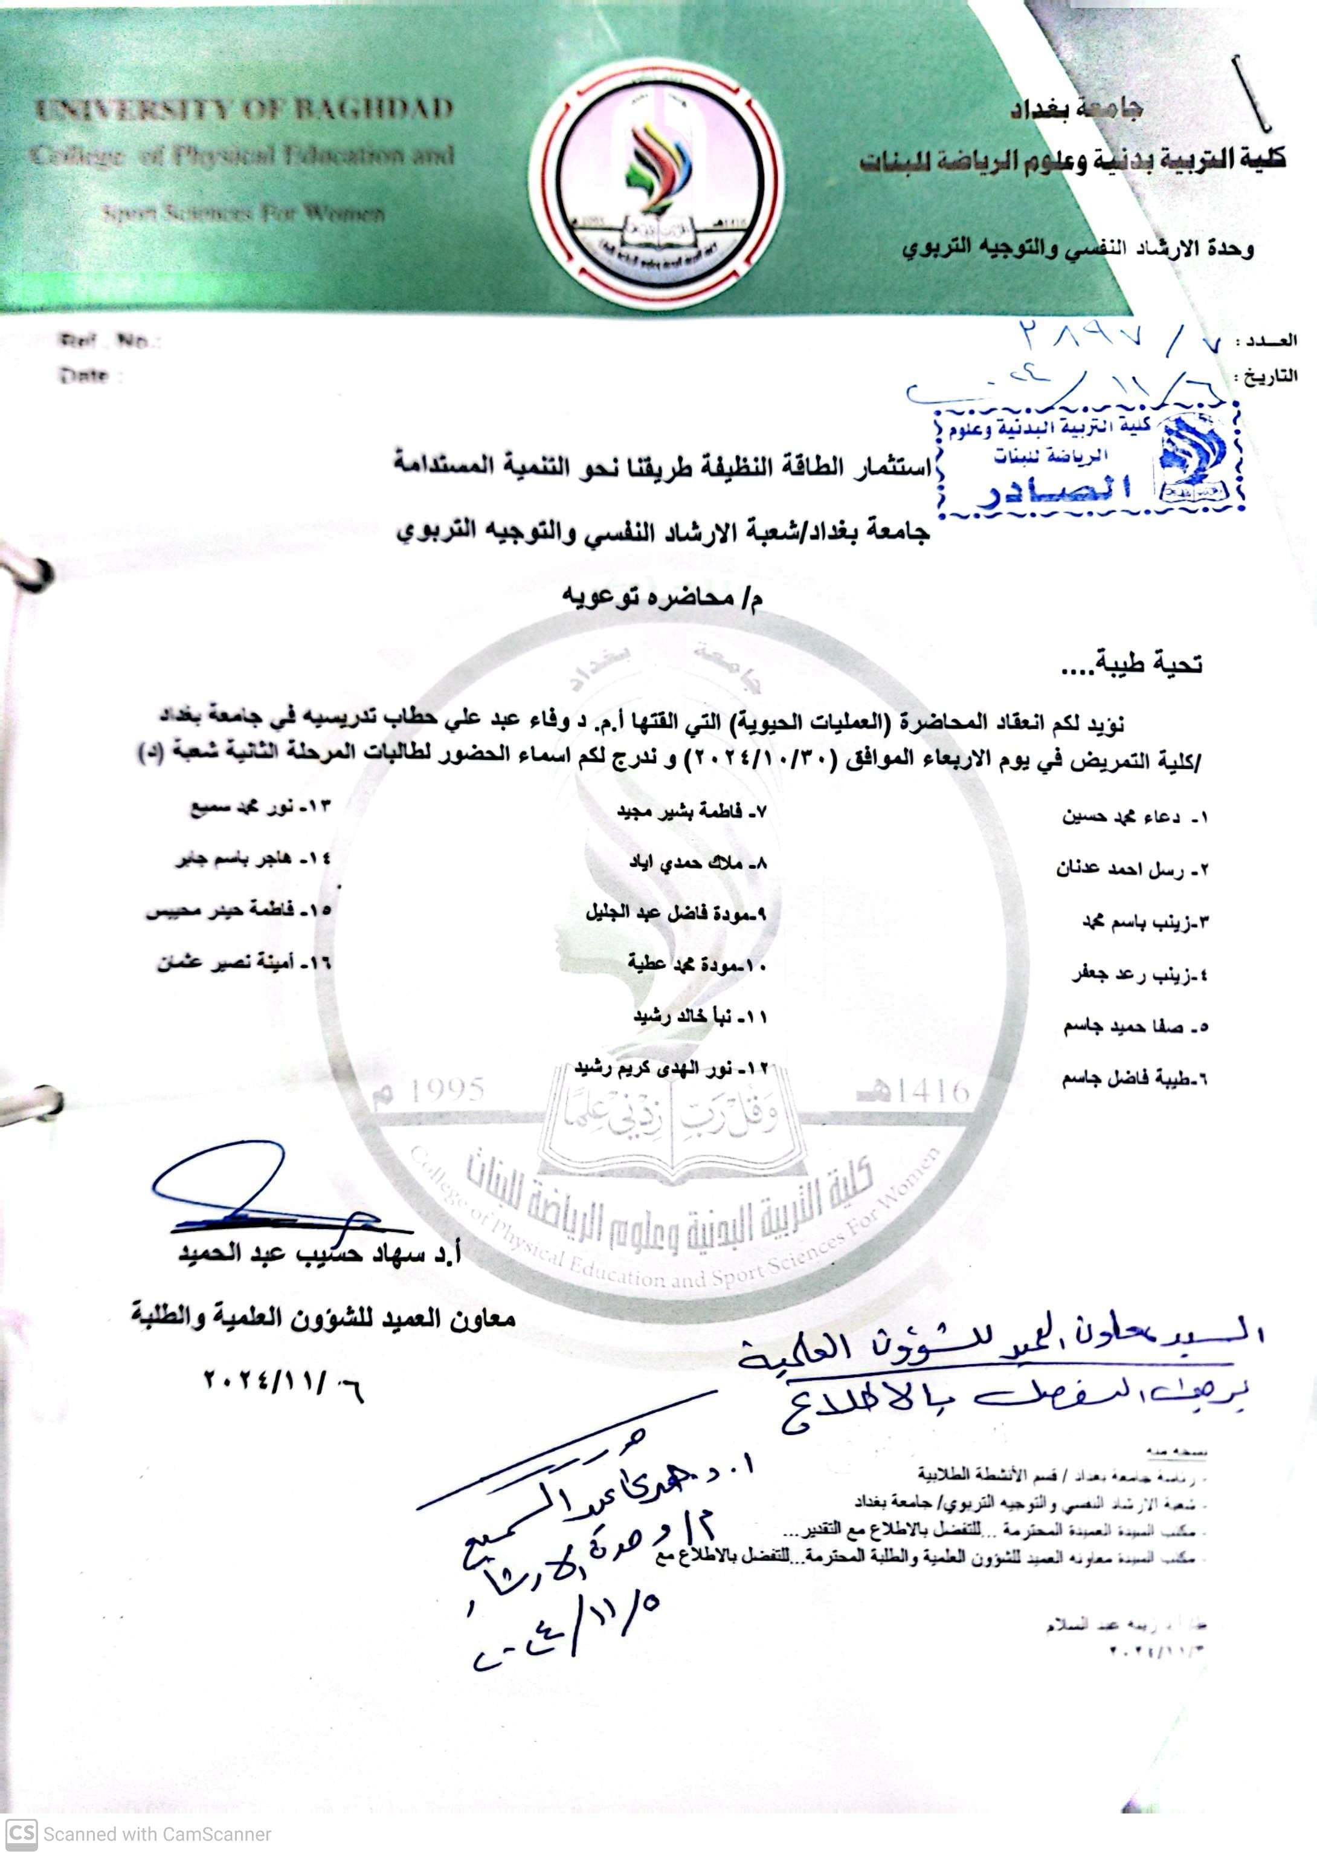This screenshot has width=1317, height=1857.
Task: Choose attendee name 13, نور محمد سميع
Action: [260, 809]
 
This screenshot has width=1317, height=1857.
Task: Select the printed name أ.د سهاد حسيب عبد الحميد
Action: [320, 1254]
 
